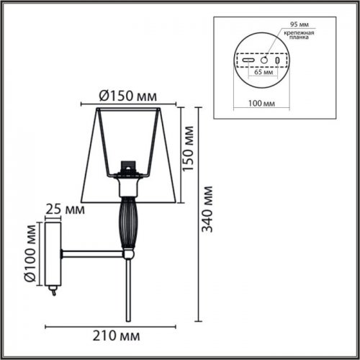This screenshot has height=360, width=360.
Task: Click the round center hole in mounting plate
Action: point(264,60)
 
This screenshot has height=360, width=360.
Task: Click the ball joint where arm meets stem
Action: point(129,253)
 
